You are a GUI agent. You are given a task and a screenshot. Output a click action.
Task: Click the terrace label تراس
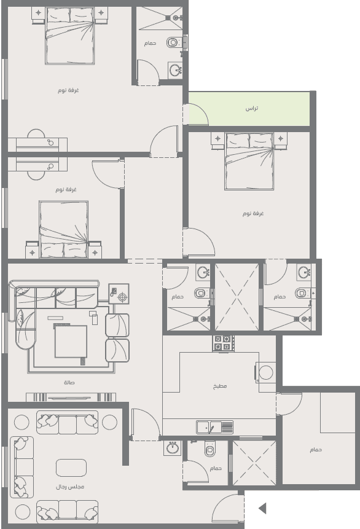pos(252,108)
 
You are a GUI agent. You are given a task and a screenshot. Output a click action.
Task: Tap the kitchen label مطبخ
pos(220,386)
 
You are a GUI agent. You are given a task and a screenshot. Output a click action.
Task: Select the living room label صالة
pos(69,383)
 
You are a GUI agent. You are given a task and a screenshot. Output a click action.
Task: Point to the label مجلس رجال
pos(70,487)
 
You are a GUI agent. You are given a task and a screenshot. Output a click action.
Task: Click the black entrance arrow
pos(262,508)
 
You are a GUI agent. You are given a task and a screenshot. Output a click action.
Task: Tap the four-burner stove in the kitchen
pos(223,343)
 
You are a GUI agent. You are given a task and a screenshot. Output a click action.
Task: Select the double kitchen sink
pos(214,427)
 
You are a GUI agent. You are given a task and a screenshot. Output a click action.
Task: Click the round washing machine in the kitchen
pos(265,373)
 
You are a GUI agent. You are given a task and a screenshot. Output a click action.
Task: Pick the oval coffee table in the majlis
pos(71,468)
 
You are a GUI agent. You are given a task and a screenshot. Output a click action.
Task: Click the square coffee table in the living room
pos(71,341)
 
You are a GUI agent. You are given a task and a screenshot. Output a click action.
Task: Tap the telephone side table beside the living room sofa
pos(119,294)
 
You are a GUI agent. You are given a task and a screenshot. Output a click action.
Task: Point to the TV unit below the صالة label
pos(71,397)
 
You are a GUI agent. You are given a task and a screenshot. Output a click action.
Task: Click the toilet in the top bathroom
pos(173,42)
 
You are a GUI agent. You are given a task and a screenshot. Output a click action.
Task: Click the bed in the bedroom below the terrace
pos(249,161)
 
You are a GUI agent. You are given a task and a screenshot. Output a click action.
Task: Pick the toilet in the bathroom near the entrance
pos(210,449)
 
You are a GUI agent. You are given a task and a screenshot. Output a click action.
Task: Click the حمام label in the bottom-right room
pos(316,450)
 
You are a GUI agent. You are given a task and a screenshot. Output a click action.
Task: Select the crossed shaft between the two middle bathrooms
pos(237,297)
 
